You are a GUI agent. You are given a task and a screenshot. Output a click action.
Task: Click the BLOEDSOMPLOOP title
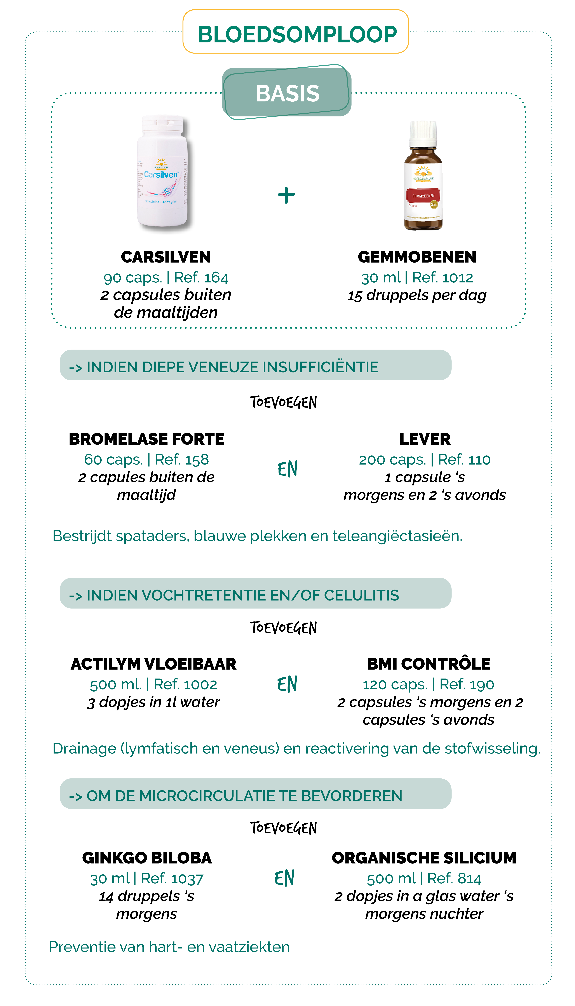297,34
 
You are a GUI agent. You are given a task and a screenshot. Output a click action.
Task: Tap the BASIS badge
287,94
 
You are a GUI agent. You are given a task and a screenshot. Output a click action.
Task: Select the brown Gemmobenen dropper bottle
423,176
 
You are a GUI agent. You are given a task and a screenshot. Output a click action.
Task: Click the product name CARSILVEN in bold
166,257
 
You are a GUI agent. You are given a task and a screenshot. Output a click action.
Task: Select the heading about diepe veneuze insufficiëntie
232,367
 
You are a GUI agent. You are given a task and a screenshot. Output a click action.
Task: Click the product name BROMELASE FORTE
146,439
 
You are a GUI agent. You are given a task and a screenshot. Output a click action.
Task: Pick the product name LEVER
425,439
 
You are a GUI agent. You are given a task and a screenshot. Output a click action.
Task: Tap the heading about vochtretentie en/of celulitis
242,595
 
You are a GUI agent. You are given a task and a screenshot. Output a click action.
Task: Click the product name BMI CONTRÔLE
429,664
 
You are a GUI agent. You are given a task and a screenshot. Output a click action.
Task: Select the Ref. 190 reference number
467,685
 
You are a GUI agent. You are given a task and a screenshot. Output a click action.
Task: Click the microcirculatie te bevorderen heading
244,796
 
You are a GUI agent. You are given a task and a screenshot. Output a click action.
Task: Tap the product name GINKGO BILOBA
147,858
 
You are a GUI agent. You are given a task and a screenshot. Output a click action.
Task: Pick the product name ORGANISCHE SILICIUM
424,858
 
